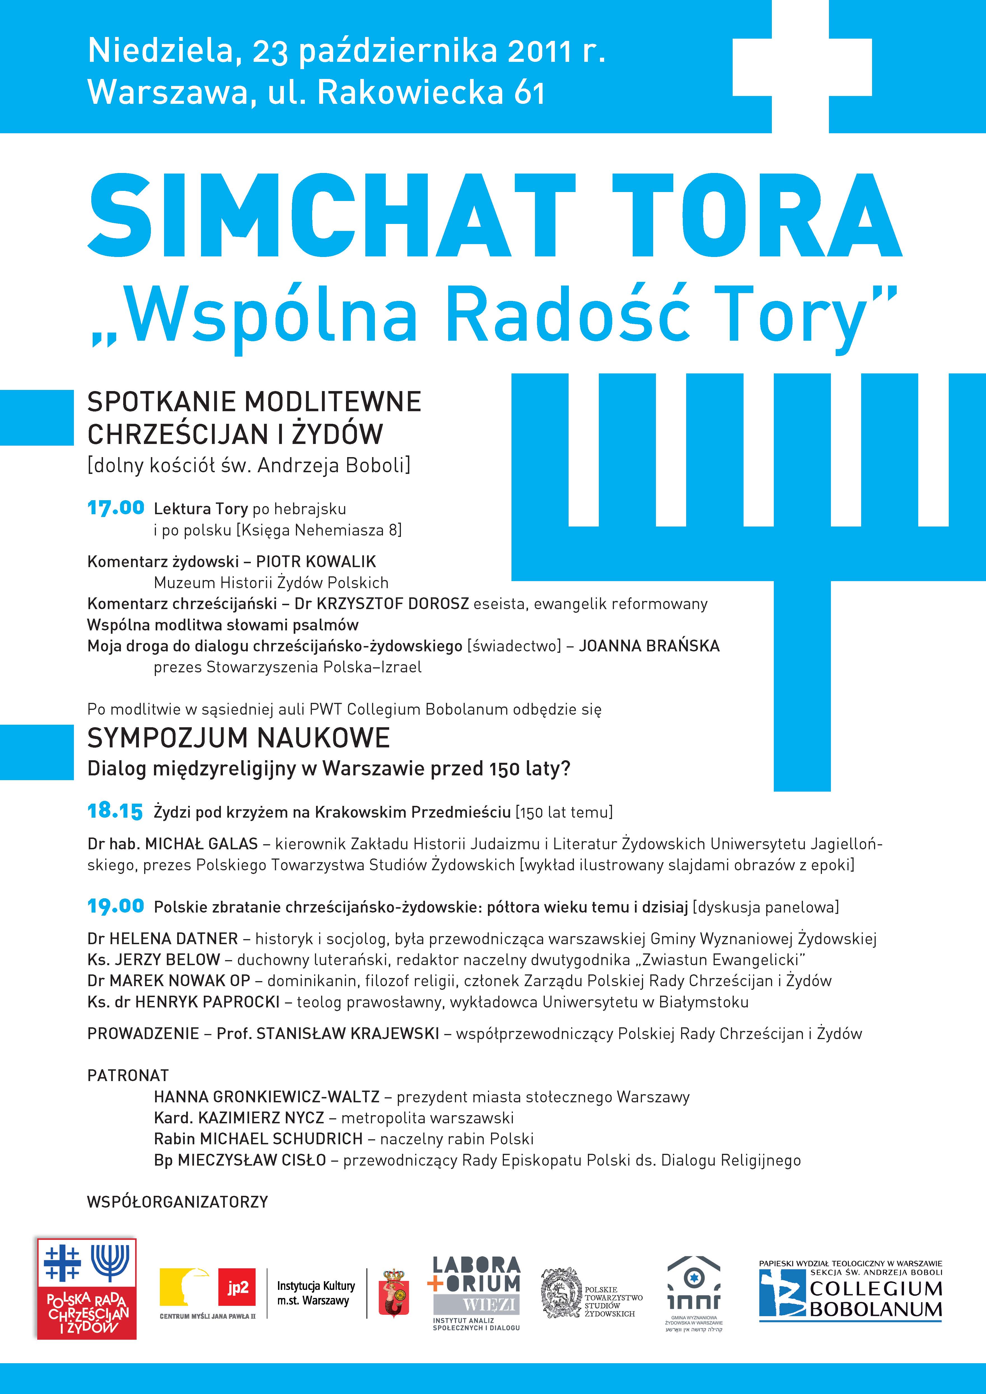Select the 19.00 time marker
pyautogui.click(x=115, y=906)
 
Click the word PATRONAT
pyautogui.click(x=128, y=1075)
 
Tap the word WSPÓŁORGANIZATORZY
pyautogui.click(x=177, y=1201)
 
